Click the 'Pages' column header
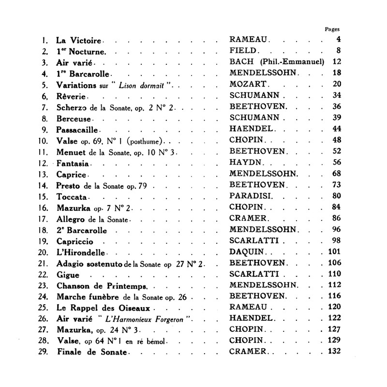click(x=332, y=29)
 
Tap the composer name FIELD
click(x=245, y=51)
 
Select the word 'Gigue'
click(x=68, y=275)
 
